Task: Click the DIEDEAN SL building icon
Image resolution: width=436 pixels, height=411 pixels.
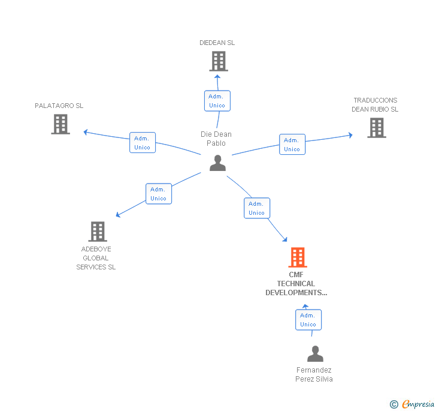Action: point(218,61)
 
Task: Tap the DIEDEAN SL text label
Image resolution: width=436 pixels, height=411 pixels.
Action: point(217,43)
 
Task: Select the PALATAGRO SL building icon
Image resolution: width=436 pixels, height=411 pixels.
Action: point(60,124)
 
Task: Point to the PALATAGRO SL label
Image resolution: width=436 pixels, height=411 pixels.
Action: point(59,106)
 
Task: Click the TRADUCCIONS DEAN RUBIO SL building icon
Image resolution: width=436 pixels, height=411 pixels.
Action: point(376,128)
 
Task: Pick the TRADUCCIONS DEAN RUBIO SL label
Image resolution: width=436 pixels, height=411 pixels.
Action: point(375,105)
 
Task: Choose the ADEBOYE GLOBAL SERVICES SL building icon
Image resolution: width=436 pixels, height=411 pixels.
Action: point(97,232)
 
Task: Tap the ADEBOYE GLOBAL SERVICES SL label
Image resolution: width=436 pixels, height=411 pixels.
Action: point(96,258)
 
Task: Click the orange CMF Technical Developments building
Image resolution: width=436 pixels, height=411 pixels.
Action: point(298,257)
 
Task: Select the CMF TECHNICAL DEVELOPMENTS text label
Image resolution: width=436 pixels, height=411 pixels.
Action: point(296,284)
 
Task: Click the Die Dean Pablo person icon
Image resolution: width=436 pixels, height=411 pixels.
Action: point(217,163)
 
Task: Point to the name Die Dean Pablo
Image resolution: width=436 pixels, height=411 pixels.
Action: point(216,139)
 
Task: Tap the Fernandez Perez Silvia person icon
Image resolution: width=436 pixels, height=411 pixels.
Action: point(315,354)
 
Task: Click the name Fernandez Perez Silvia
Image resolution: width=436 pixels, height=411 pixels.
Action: point(314,374)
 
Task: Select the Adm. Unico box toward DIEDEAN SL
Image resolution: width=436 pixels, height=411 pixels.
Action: point(217,101)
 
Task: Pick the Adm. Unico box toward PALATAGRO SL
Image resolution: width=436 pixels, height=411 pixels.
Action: point(143,143)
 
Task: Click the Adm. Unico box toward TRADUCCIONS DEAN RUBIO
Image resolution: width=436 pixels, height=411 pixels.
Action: point(292,145)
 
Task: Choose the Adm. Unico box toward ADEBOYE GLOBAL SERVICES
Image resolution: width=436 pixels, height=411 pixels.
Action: point(159,194)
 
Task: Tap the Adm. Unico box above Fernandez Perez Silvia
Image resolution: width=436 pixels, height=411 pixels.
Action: point(308,320)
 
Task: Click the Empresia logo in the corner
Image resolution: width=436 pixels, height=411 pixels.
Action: point(413,404)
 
